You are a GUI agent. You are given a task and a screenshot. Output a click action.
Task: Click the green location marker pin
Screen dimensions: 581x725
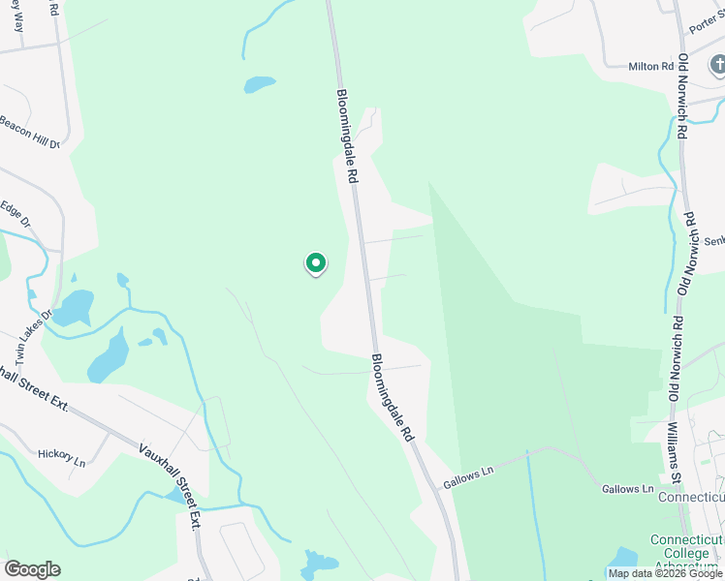pos(315,263)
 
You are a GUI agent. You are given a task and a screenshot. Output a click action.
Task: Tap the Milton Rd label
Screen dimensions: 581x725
pos(650,66)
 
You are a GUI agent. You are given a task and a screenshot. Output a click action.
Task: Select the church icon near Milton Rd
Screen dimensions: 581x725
pos(718,65)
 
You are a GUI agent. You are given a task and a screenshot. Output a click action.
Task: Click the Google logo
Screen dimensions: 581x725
pos(32,569)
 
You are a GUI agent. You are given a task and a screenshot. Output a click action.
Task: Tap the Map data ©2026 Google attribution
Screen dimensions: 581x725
pos(666,573)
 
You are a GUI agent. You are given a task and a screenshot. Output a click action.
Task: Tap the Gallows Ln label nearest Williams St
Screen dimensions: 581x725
pos(626,489)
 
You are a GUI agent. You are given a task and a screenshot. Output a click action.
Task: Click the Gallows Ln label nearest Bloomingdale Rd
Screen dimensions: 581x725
pos(469,476)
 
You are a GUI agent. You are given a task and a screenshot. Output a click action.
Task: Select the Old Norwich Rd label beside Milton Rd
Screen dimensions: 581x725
pos(682,97)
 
